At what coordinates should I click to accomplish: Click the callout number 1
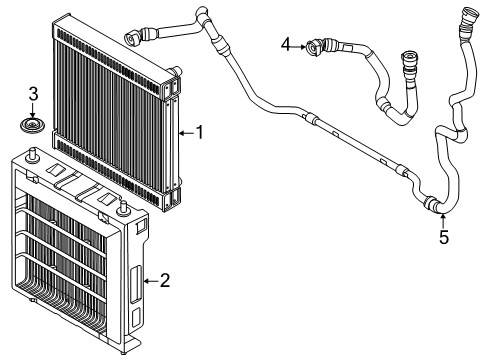(200, 132)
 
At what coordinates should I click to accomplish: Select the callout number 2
(165, 281)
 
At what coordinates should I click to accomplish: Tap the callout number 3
(33, 94)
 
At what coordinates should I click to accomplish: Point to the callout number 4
(286, 45)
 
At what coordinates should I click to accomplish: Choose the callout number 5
(444, 237)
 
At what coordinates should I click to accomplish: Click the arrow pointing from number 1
(186, 133)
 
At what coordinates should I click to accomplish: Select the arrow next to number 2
(151, 281)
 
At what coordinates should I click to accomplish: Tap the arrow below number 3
(32, 110)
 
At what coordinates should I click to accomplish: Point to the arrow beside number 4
(299, 47)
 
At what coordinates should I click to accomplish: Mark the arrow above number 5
(443, 221)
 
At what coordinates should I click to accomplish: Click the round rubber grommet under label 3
(32, 125)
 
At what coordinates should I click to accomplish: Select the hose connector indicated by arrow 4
(314, 48)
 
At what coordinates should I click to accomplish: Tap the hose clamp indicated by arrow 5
(430, 203)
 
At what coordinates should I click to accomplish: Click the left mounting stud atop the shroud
(33, 154)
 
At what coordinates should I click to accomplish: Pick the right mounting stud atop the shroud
(123, 209)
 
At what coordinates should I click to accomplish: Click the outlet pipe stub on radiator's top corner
(175, 71)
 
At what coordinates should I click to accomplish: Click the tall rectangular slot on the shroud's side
(135, 285)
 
